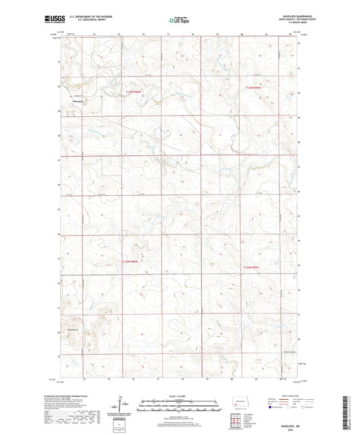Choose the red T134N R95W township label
point(251,267)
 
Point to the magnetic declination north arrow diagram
point(122,405)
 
